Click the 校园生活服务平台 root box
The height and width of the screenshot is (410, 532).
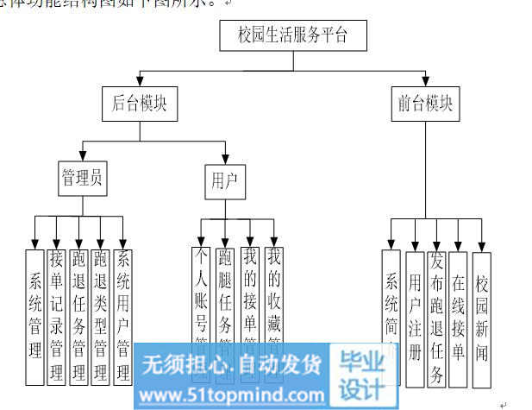295,36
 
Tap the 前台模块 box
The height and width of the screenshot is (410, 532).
424,104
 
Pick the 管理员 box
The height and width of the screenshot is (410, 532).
83,179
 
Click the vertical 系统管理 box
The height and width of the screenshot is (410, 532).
35,315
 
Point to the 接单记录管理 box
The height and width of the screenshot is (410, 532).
57,315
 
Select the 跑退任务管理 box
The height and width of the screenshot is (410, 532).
78,315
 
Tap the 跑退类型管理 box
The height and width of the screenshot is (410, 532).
101,315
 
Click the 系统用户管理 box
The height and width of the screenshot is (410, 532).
123,315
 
